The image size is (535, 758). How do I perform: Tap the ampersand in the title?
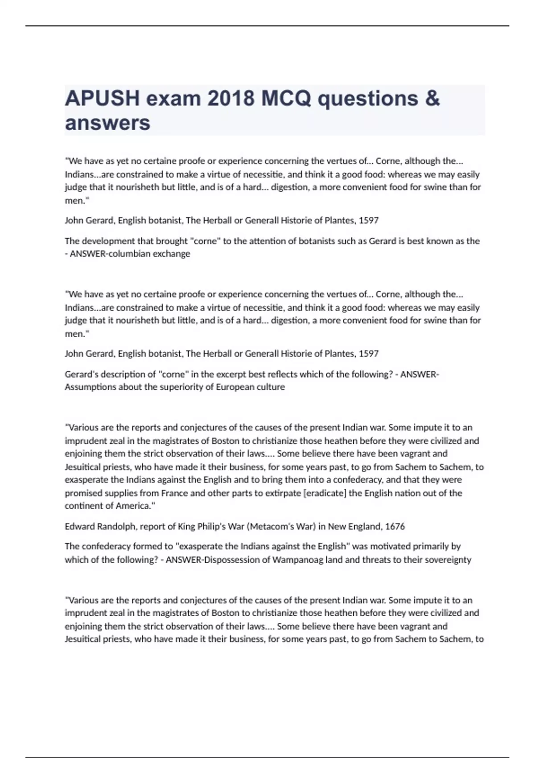432,98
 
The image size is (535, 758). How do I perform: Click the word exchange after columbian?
172,254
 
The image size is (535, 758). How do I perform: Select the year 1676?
395,527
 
